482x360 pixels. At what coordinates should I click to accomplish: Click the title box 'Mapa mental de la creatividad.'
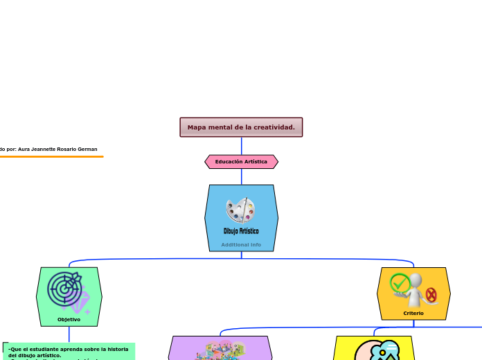coord(241,127)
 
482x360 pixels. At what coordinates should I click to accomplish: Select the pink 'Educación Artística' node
coord(241,162)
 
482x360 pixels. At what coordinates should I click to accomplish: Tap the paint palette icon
coord(240,210)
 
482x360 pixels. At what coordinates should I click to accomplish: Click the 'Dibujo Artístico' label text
coord(241,231)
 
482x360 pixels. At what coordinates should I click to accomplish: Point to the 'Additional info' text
coord(241,244)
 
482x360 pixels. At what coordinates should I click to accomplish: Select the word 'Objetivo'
coord(69,320)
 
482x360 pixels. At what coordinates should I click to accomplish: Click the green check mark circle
coord(400,283)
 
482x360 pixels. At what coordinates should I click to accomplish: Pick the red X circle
coord(431,296)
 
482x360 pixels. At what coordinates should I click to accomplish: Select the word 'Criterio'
coord(413,314)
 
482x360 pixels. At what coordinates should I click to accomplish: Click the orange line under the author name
coord(51,157)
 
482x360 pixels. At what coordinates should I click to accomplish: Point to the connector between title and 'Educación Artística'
coord(242,146)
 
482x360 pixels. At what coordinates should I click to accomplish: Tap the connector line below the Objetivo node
coord(69,334)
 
